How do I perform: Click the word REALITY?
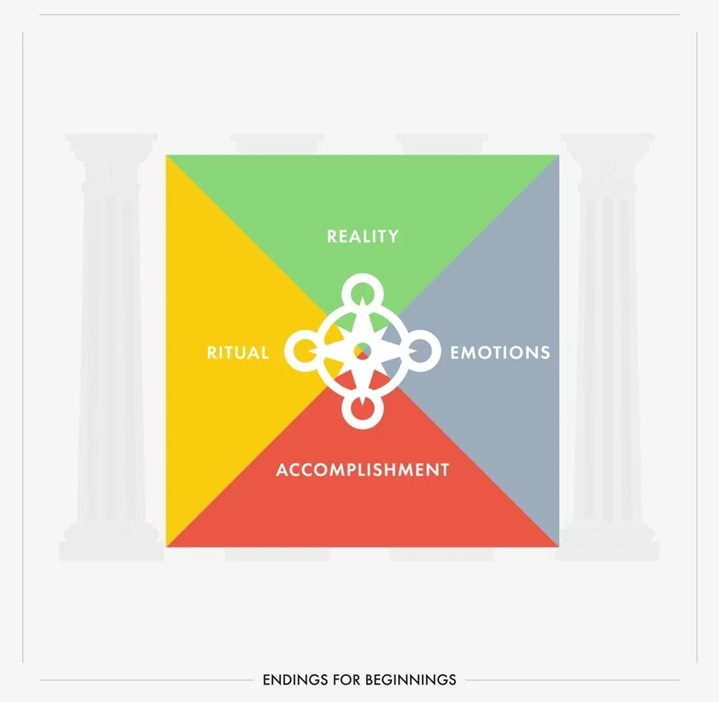coord(362,236)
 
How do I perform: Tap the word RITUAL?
coord(238,352)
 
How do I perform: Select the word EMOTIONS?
coord(500,352)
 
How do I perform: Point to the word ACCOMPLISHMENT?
coord(362,469)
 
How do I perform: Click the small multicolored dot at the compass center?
coord(362,348)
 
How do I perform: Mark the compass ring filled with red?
coord(362,409)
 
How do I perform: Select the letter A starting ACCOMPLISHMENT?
coord(282,469)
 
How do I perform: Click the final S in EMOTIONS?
coord(544,352)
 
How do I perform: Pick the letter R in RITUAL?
coord(212,352)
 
